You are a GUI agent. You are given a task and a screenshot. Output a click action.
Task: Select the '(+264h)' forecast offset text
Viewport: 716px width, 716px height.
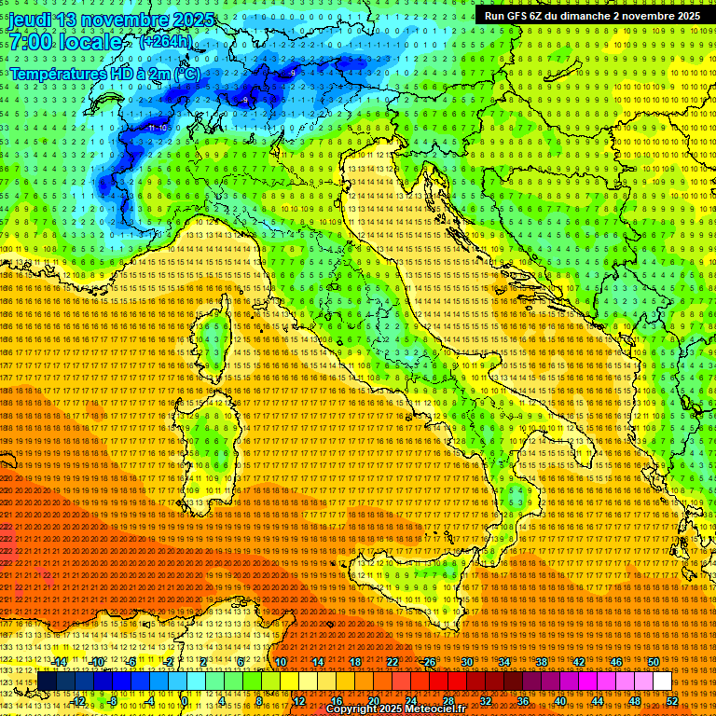pos(167,42)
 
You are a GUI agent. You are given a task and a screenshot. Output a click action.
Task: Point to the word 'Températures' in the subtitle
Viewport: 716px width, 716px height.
pos(57,74)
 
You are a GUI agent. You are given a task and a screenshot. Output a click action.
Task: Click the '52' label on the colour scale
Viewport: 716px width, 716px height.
pos(671,700)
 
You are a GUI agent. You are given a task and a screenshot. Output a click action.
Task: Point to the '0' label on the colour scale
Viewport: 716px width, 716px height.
pos(186,700)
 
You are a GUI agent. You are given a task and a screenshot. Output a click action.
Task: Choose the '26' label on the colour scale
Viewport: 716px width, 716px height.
pos(430,662)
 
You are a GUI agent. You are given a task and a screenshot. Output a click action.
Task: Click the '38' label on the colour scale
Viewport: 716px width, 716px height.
pos(541,662)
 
